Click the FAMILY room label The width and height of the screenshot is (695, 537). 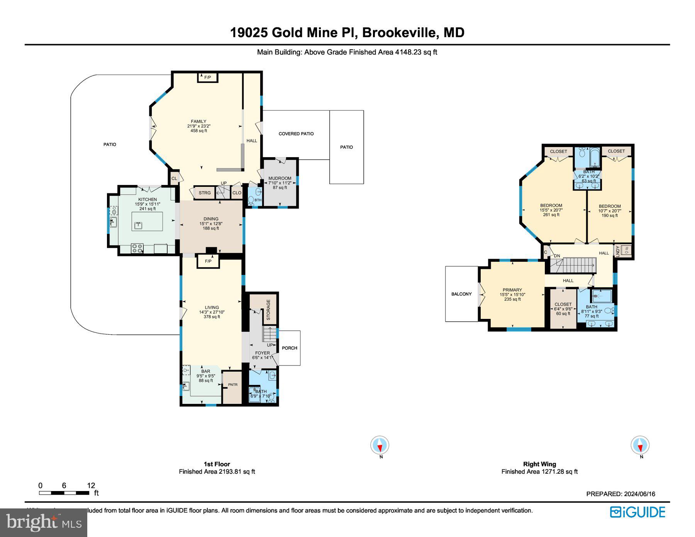[x=198, y=126]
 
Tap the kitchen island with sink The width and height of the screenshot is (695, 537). [x=147, y=222]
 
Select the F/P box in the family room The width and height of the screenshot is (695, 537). [x=208, y=77]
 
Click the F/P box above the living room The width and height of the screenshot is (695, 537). [x=208, y=261]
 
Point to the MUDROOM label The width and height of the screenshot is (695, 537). [x=280, y=183]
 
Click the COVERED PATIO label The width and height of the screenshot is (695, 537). [x=296, y=134]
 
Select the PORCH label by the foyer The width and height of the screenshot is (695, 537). [x=289, y=348]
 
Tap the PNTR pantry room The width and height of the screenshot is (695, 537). [x=232, y=385]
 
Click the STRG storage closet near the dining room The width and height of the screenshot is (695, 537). [x=205, y=193]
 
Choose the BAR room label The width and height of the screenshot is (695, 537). [x=205, y=376]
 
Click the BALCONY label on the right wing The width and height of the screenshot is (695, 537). [x=461, y=294]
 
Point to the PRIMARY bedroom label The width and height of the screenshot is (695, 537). [x=512, y=294]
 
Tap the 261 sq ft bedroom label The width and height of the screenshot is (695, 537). [x=551, y=210]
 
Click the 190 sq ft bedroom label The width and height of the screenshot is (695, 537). [x=609, y=211]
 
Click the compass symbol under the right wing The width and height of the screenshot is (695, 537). [x=640, y=446]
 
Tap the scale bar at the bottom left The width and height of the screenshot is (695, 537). [x=64, y=493]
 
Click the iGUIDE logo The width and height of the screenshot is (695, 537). [x=637, y=512]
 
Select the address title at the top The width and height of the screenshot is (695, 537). [x=347, y=32]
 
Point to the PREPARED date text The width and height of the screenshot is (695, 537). [x=620, y=494]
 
